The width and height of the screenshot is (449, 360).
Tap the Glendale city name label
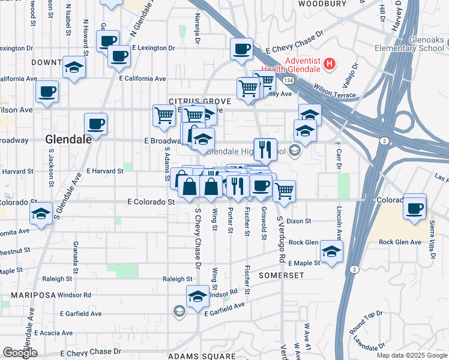tap(68, 139)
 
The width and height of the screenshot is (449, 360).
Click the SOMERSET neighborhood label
tap(282, 275)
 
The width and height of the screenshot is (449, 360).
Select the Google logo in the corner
tap(20, 353)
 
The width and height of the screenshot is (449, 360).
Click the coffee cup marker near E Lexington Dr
tap(119, 56)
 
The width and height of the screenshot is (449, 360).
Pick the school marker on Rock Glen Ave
tap(331, 251)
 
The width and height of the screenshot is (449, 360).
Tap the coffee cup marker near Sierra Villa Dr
tap(415, 208)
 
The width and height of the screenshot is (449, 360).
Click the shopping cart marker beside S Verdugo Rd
tap(284, 191)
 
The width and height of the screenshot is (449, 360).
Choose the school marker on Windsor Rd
tap(197, 296)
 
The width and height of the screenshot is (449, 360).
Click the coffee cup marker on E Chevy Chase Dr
tap(241, 49)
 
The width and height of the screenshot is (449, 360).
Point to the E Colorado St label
tap(150, 202)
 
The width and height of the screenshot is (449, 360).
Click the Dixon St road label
tap(298, 221)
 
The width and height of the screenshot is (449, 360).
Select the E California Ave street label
tap(142, 79)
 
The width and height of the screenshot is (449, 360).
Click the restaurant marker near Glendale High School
tap(265, 149)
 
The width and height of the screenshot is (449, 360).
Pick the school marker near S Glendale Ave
tap(41, 214)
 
